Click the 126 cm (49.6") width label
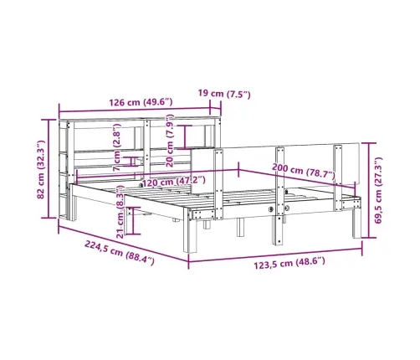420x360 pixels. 139,102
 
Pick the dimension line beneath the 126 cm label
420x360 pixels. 139,112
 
